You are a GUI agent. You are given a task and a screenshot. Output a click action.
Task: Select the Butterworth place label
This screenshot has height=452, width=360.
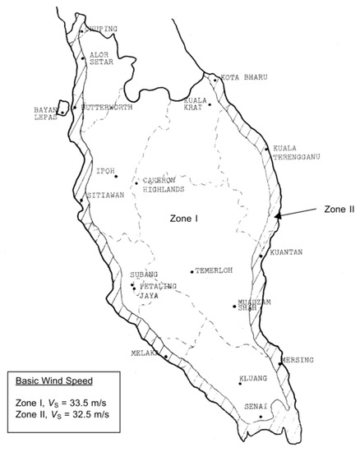click(104, 107)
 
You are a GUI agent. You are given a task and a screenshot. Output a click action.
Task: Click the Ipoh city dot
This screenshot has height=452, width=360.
click(116, 177)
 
